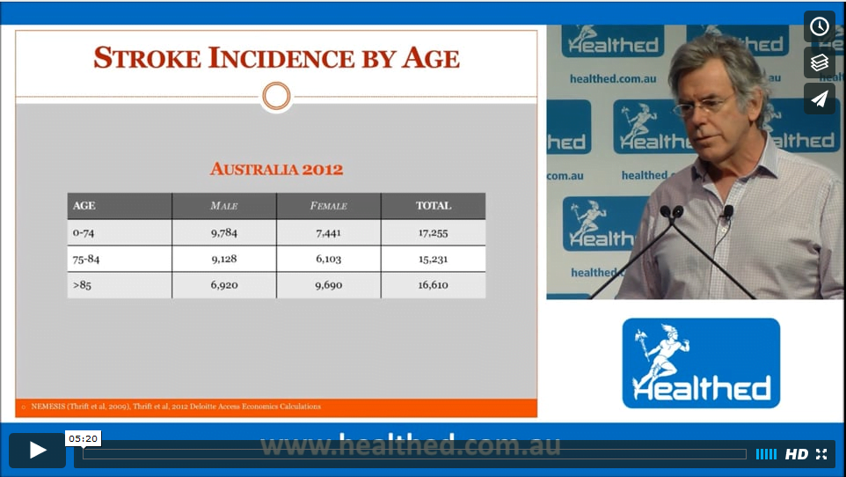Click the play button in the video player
(37, 450)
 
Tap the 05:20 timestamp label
(83, 438)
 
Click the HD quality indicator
(797, 454)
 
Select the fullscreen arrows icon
(821, 454)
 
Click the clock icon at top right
(820, 26)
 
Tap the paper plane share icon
(820, 99)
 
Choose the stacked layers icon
(820, 62)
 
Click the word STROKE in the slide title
(147, 58)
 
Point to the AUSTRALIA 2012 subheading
(276, 169)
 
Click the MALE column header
(224, 206)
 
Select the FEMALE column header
(329, 206)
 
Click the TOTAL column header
(434, 205)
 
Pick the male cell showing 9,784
(224, 233)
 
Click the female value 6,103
(329, 259)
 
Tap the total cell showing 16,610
(434, 284)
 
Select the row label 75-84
(86, 259)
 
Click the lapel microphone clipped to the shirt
(728, 211)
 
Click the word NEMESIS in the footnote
(48, 407)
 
